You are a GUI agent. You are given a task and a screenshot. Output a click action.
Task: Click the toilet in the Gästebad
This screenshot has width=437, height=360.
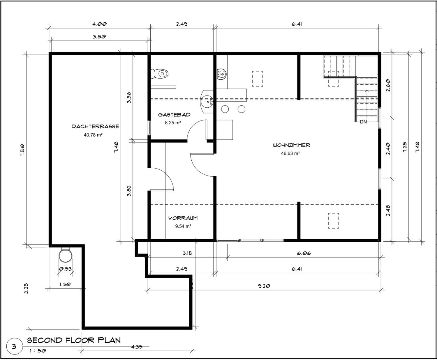click(159, 74)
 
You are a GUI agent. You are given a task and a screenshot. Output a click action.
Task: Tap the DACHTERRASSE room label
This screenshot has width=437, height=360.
click(95, 127)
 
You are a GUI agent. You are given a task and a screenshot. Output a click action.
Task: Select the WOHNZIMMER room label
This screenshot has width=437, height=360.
click(291, 145)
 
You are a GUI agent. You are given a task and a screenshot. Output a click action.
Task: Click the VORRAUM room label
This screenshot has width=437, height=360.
click(183, 218)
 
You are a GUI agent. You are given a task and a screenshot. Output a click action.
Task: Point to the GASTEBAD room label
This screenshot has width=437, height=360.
click(174, 115)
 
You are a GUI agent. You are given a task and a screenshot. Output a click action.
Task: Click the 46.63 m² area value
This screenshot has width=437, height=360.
click(290, 153)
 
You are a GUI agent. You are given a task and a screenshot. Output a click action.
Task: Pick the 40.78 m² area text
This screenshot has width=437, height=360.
click(93, 135)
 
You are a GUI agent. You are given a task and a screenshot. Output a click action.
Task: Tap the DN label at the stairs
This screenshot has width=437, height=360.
click(363, 122)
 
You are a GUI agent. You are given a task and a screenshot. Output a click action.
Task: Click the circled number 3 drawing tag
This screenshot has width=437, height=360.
click(14, 347)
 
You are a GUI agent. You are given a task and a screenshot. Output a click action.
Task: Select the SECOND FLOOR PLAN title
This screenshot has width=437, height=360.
click(74, 340)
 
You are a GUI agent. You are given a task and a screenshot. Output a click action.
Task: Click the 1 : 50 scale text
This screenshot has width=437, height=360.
click(38, 351)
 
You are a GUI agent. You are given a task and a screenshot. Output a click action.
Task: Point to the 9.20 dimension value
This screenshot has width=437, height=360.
click(264, 286)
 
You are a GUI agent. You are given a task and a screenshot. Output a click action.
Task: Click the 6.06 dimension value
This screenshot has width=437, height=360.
click(304, 253)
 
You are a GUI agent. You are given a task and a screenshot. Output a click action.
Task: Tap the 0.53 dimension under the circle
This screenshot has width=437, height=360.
click(65, 269)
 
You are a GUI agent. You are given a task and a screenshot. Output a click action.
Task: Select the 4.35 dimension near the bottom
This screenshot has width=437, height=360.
click(137, 347)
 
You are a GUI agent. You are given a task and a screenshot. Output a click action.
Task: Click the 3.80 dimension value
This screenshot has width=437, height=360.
click(99, 37)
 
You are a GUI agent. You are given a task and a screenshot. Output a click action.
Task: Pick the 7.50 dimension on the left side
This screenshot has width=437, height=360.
click(22, 150)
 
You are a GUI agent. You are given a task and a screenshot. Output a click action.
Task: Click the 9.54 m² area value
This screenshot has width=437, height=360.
click(183, 226)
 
